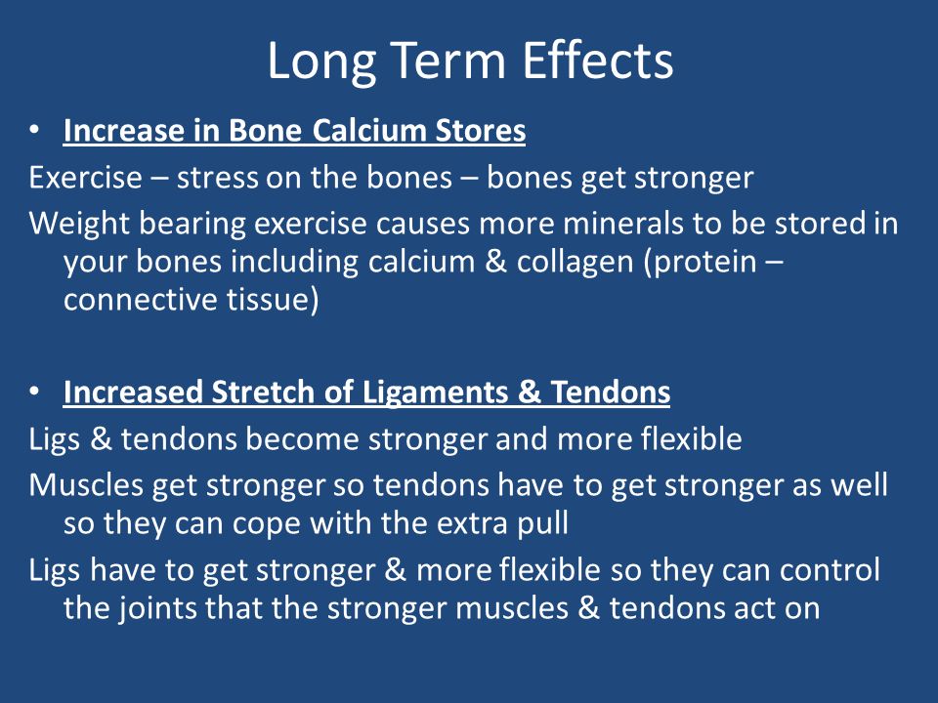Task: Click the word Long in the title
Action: pyautogui.click(x=321, y=62)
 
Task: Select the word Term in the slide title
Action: pyautogui.click(x=449, y=61)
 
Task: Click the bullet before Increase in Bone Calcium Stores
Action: pyautogui.click(x=35, y=130)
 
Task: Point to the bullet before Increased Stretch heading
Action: pyautogui.click(x=35, y=392)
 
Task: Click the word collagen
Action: pyautogui.click(x=575, y=263)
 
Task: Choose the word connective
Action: pyautogui.click(x=141, y=300)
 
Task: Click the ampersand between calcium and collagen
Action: pyautogui.click(x=495, y=262)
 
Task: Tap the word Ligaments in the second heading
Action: pyautogui.click(x=435, y=393)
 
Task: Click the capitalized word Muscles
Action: pyautogui.click(x=86, y=485)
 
